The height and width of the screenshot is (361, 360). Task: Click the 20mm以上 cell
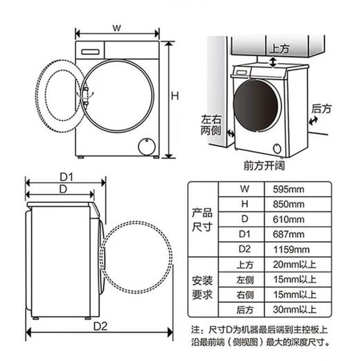295,265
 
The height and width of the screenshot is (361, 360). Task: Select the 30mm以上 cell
295,309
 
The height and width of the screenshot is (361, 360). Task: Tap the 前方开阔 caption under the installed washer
265,166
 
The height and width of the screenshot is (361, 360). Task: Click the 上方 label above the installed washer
279,49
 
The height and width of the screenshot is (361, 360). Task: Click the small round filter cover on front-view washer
146,146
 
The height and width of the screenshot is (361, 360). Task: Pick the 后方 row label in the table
243,309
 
